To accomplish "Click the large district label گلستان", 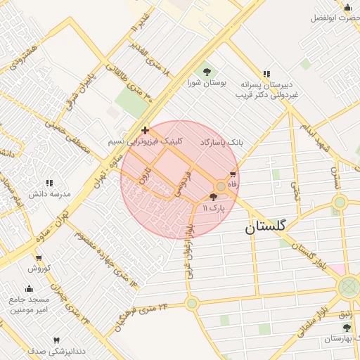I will pyautogui.click(x=266, y=227).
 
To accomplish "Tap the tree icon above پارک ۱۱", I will pyautogui.click(x=214, y=198).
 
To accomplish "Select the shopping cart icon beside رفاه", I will pyautogui.click(x=232, y=174).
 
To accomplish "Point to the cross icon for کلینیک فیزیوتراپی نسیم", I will pyautogui.click(x=145, y=130).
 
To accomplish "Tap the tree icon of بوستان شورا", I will pyautogui.click(x=207, y=71).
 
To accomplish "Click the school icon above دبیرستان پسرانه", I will pyautogui.click(x=266, y=74).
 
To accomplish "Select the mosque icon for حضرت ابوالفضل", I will pyautogui.click(x=347, y=8).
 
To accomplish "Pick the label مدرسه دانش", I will pyautogui.click(x=49, y=193).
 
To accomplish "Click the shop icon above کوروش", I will pyautogui.click(x=36, y=258).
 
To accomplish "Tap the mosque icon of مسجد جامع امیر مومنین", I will pyautogui.click(x=29, y=288).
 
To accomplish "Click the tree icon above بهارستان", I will pyautogui.click(x=345, y=328).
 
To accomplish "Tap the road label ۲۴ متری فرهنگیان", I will pyautogui.click(x=144, y=314).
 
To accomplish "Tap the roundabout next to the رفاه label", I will pyautogui.click(x=221, y=186).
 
